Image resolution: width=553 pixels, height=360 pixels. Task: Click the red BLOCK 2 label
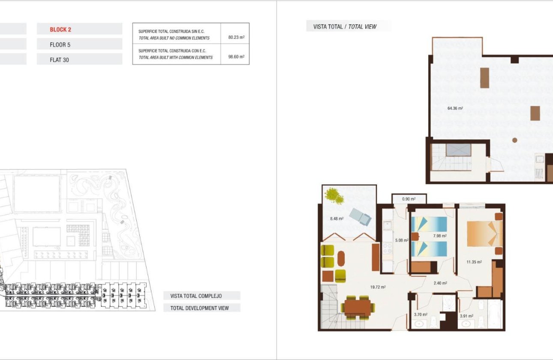(x=60, y=30)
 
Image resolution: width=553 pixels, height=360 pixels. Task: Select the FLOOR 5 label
(x=60, y=45)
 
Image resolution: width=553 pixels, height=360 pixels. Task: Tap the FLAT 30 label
(x=59, y=60)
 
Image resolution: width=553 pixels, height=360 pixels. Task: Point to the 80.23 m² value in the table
(x=236, y=37)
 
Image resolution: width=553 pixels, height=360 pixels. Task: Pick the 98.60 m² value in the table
(x=236, y=57)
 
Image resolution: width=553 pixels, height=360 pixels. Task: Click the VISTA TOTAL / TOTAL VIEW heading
(x=345, y=27)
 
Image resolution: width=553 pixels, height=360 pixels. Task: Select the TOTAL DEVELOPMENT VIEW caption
(x=200, y=308)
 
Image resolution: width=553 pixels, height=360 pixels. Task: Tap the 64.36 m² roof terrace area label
(x=455, y=108)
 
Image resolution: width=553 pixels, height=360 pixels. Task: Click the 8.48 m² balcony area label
(x=337, y=219)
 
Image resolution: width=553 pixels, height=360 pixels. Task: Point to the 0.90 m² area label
(x=409, y=199)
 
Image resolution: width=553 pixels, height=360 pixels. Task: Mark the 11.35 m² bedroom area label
(x=474, y=261)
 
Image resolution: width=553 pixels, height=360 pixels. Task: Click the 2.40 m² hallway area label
(x=440, y=283)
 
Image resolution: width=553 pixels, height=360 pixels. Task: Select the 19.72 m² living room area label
(x=378, y=287)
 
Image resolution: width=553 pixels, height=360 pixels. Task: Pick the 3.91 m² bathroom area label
(x=466, y=316)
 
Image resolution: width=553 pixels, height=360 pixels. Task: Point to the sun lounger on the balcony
(x=360, y=217)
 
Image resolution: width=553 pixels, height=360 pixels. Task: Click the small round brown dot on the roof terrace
(x=515, y=140)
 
